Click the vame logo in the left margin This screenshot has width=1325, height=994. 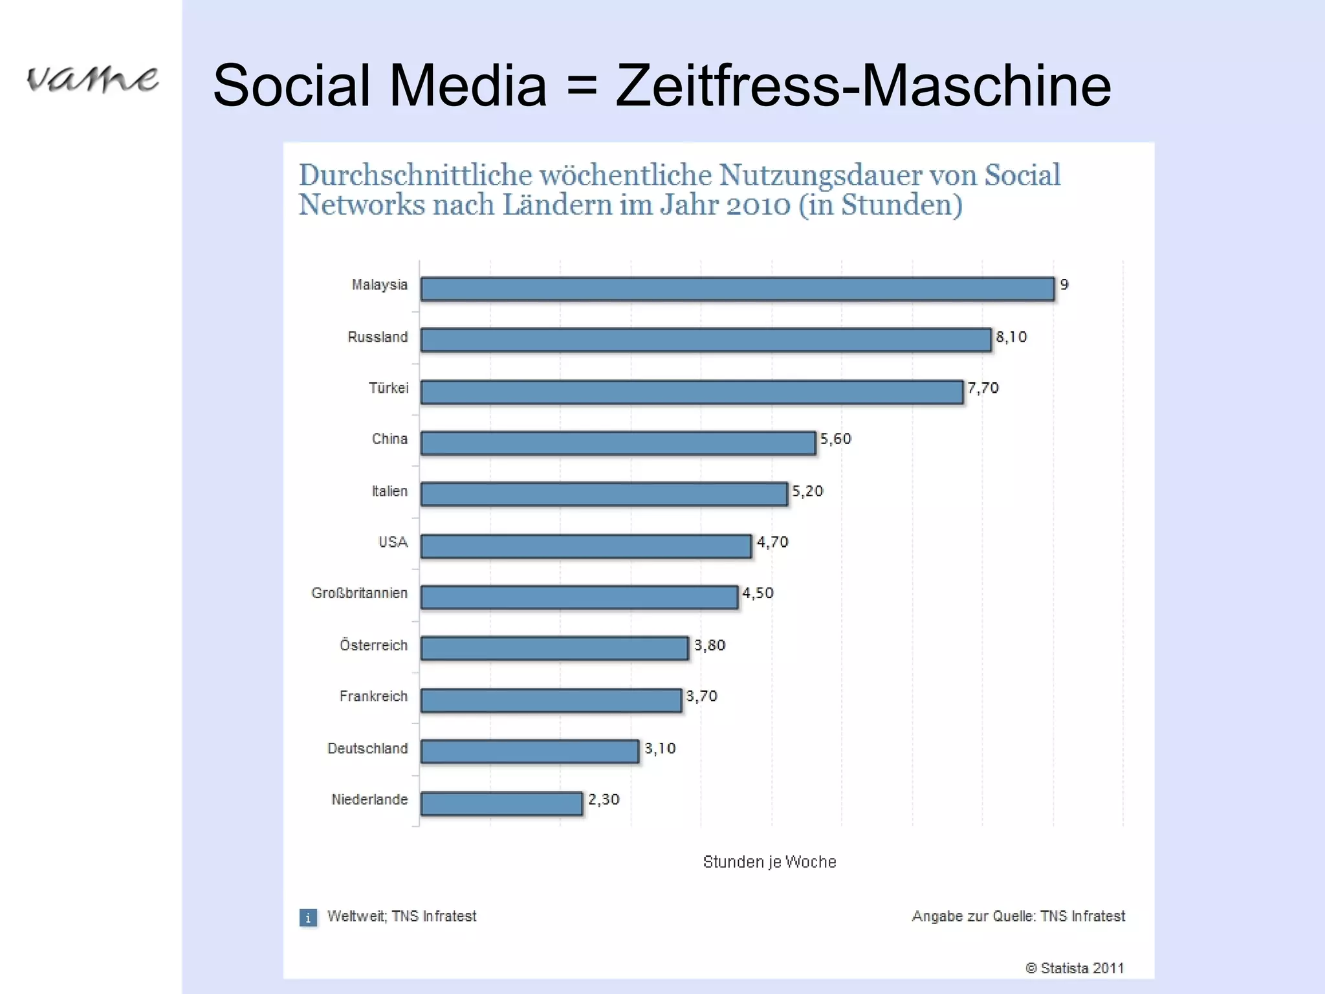[92, 80]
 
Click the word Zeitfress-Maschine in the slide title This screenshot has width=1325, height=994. [863, 85]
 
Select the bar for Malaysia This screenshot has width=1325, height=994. [738, 289]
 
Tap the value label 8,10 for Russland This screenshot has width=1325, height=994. [1011, 337]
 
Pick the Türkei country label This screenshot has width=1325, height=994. [389, 388]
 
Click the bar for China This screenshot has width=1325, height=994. [618, 443]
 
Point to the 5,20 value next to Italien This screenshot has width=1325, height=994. [807, 491]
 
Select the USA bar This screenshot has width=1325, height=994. [586, 546]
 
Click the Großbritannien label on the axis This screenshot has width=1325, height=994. [360, 593]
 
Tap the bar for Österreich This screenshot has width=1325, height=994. [554, 648]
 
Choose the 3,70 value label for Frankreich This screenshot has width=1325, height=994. [701, 696]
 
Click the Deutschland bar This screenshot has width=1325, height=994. [530, 751]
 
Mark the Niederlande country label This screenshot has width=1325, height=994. [369, 800]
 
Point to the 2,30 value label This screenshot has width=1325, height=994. [603, 800]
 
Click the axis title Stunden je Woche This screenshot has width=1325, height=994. [769, 862]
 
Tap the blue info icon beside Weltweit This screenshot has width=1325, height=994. [308, 918]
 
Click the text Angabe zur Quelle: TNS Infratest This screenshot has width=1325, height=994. [1018, 916]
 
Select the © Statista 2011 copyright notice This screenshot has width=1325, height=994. [1074, 968]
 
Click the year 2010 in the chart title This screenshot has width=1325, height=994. [758, 206]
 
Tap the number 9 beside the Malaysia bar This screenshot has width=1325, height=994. [1064, 285]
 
